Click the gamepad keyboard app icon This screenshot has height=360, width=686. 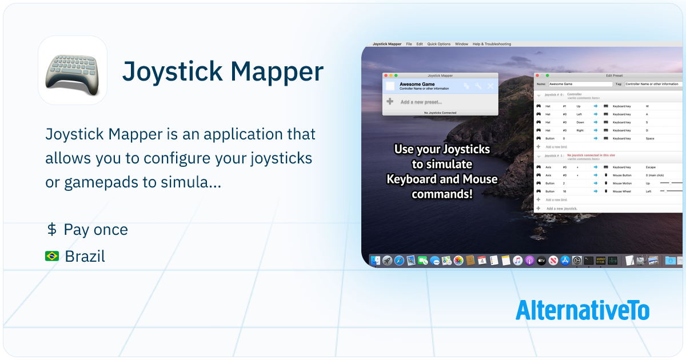(73, 70)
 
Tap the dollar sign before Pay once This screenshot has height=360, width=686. (51, 230)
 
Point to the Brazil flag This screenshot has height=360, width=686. (52, 257)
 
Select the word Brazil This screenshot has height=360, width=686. (85, 257)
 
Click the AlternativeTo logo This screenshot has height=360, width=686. (582, 310)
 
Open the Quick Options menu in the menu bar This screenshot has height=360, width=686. (439, 44)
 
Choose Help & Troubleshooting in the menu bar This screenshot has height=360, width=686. (492, 44)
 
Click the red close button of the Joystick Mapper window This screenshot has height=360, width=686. (386, 75)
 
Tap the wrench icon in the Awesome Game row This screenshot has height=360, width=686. (478, 86)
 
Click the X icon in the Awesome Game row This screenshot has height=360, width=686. (490, 86)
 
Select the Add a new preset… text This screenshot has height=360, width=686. (421, 102)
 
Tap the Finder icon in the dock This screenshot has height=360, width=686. (376, 261)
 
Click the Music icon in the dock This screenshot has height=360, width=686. (517, 261)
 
